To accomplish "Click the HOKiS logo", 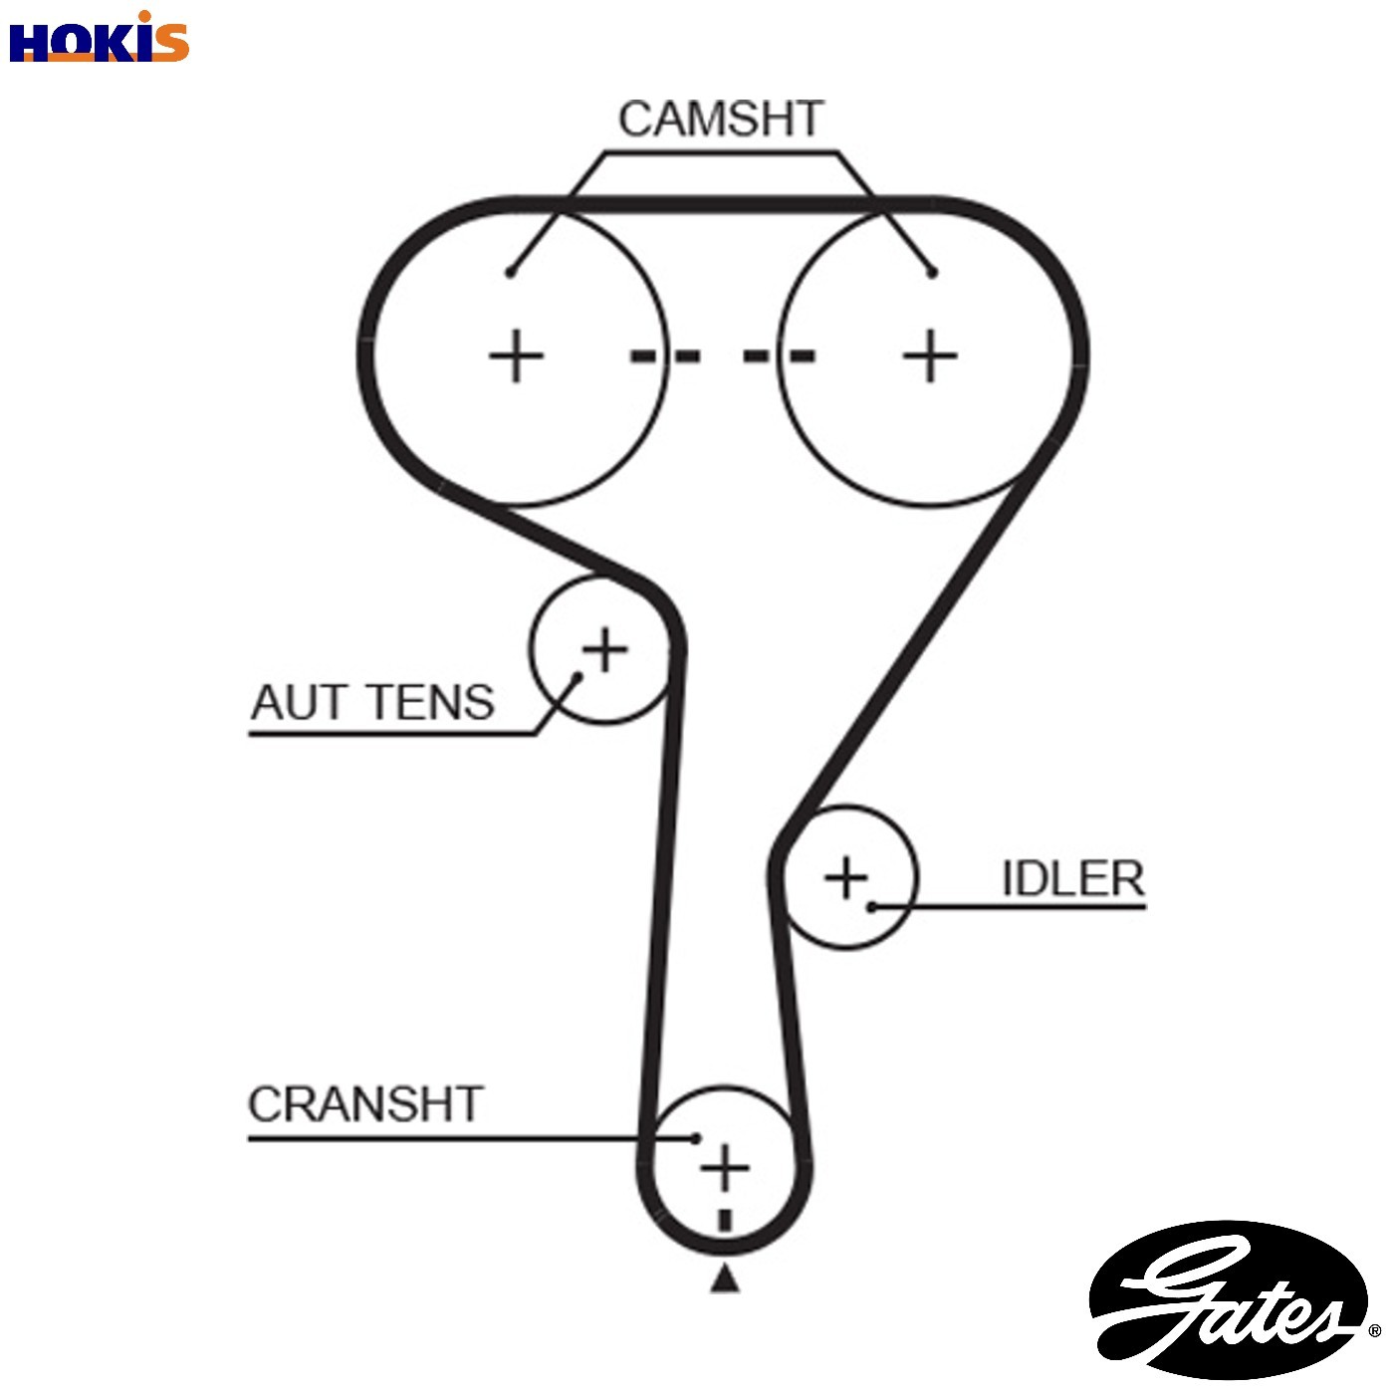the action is pyautogui.click(x=100, y=38).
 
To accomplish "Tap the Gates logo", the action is pyautogui.click(x=1229, y=1299).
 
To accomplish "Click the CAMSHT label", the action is pyautogui.click(x=721, y=118).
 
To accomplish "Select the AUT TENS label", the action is pyautogui.click(x=372, y=702).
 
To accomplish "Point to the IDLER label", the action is pyautogui.click(x=1073, y=879).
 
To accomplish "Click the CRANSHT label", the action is pyautogui.click(x=365, y=1104).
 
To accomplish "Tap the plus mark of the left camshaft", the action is pyautogui.click(x=516, y=355).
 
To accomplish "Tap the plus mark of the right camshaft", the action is pyautogui.click(x=931, y=355).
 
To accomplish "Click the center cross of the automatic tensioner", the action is pyautogui.click(x=605, y=649).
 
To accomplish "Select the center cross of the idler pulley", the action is pyautogui.click(x=846, y=878).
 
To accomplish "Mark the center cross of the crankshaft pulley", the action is pyautogui.click(x=725, y=1168).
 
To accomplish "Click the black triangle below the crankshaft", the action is pyautogui.click(x=725, y=1278).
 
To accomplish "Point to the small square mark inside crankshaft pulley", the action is pyautogui.click(x=725, y=1221).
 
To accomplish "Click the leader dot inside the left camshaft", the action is pyautogui.click(x=510, y=273).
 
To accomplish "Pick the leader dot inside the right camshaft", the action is pyautogui.click(x=933, y=274).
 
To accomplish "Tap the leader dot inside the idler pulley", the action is pyautogui.click(x=872, y=906).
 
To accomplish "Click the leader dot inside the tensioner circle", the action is pyautogui.click(x=578, y=677).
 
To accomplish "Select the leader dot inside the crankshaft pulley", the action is pyautogui.click(x=696, y=1139).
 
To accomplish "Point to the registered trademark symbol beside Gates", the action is pyautogui.click(x=1374, y=1330).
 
